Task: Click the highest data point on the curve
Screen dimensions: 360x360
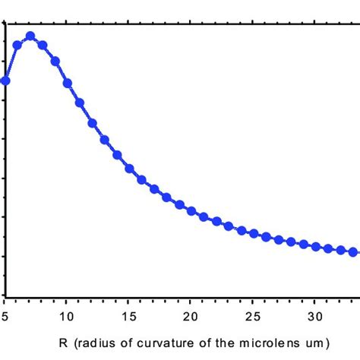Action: click(30, 36)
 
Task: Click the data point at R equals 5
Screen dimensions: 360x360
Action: click(5, 80)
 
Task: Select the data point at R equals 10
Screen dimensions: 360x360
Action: click(67, 84)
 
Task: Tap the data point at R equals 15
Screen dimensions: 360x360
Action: click(129, 168)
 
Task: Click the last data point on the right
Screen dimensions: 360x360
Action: click(352, 251)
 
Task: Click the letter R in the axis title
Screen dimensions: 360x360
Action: click(63, 343)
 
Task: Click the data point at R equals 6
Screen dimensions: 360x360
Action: click(17, 45)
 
